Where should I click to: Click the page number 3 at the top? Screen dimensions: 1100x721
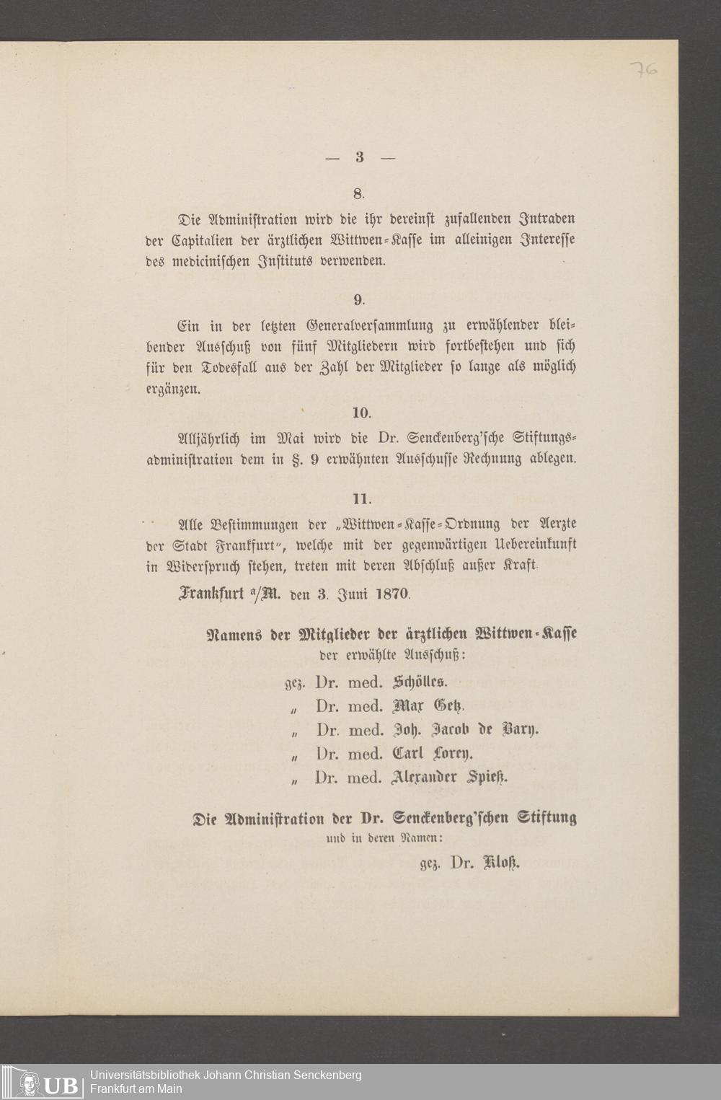[x=359, y=158]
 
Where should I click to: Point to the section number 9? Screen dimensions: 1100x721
[x=358, y=299]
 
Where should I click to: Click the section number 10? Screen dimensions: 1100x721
[x=360, y=413]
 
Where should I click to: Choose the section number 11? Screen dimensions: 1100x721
[x=360, y=498]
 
